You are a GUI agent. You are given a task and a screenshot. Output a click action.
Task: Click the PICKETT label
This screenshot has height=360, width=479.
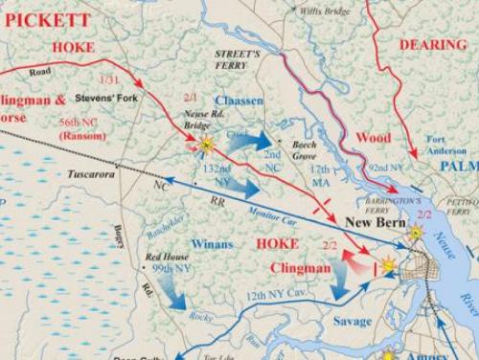(49, 18)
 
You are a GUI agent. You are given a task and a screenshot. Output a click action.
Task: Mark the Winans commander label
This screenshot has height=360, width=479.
(212, 243)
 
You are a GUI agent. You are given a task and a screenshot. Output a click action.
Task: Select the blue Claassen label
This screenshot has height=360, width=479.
(239, 101)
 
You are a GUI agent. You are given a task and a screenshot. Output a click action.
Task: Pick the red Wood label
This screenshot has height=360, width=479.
(373, 137)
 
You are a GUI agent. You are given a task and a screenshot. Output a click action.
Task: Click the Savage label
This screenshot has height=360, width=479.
(352, 321)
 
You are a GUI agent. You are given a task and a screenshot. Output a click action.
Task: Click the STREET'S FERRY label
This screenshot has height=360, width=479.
(237, 60)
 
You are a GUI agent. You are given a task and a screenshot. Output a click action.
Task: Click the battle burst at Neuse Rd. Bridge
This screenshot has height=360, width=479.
(206, 144)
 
